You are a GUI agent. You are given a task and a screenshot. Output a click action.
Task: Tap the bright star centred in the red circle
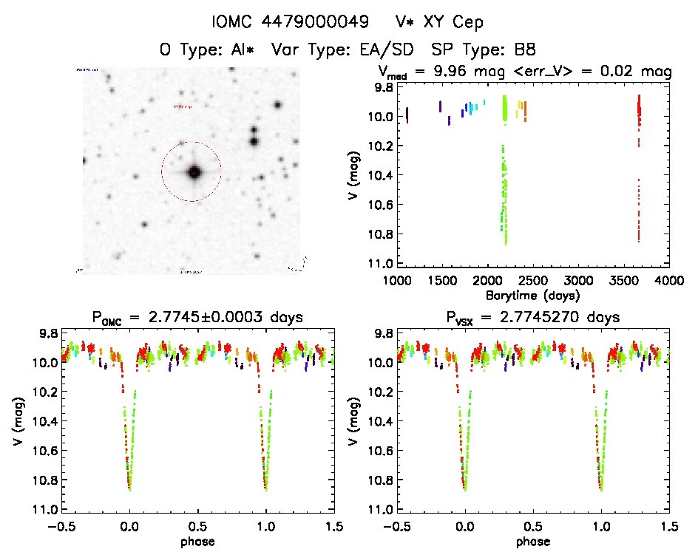pyautogui.click(x=194, y=172)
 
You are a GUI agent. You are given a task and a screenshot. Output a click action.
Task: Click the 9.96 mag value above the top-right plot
pyautogui.click(x=504, y=72)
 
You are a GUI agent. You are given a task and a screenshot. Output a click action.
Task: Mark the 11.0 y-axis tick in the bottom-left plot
pyautogui.click(x=49, y=509)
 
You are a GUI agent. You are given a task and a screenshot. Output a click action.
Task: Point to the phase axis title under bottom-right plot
pyautogui.click(x=533, y=540)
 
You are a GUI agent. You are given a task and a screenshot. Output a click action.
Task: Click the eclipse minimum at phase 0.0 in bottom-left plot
pyautogui.click(x=130, y=488)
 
